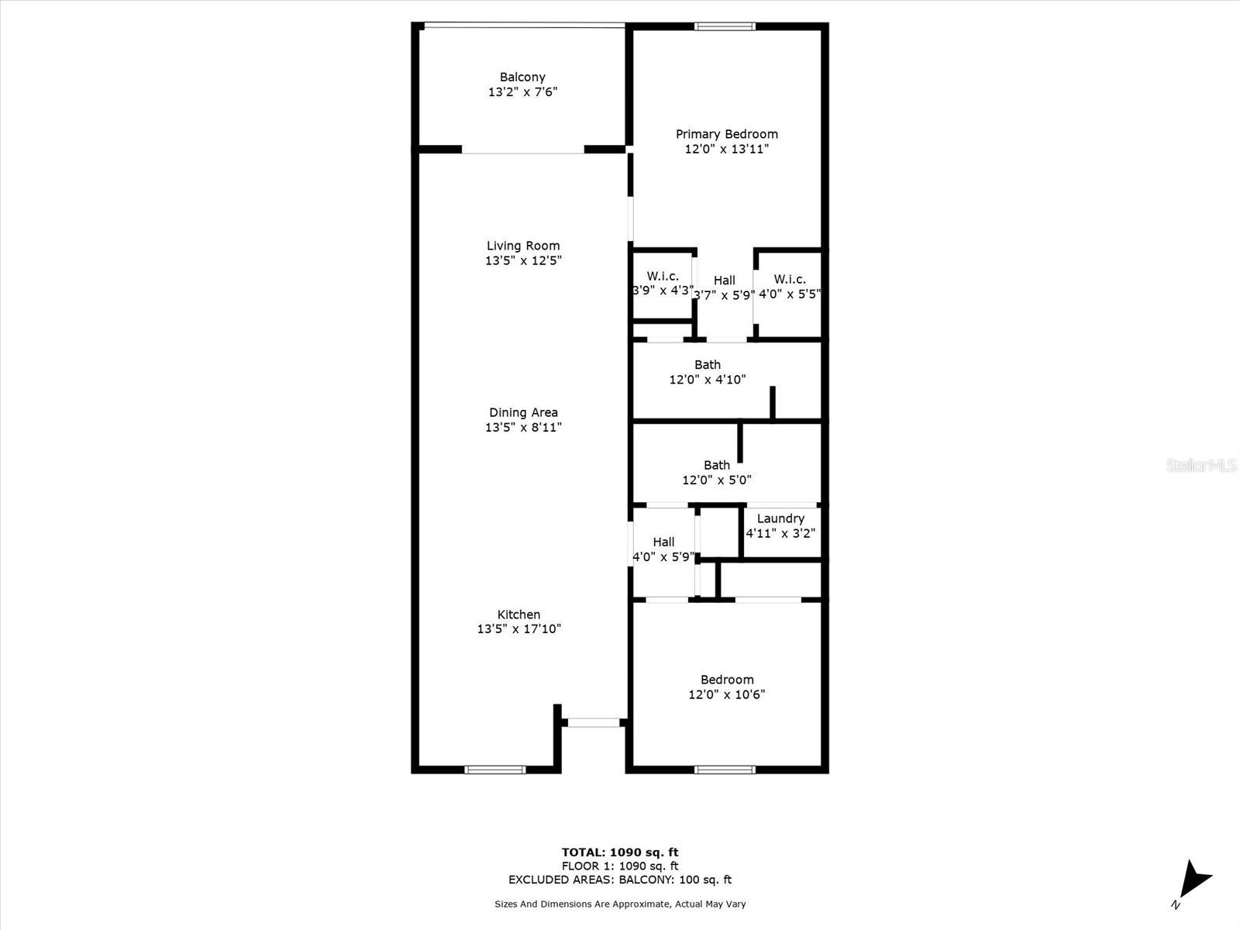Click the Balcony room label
522,77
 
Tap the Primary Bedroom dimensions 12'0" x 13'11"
726,149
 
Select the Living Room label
523,246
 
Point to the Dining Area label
523,412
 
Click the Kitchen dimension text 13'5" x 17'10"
518,629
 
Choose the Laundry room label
780,518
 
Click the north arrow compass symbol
1193,881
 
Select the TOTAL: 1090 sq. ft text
620,852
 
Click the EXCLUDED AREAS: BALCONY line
620,880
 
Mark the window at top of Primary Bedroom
725,26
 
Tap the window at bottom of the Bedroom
725,770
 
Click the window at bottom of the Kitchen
495,770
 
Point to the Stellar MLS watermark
1201,465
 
